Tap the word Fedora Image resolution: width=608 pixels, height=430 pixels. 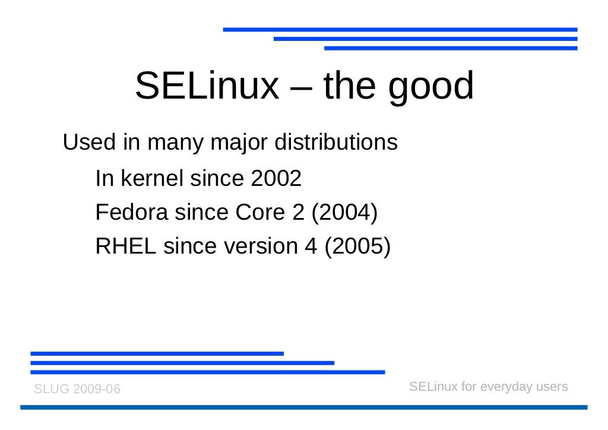[x=131, y=212]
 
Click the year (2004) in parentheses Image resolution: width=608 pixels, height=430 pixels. [x=345, y=213]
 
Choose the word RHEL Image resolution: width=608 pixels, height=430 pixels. [x=125, y=246]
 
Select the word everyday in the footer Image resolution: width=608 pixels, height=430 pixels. [x=506, y=387]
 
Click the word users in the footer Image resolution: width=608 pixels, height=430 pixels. [x=552, y=387]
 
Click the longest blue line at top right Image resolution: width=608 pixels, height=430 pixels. [x=400, y=29]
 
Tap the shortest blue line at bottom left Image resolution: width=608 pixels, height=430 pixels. [x=157, y=353]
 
